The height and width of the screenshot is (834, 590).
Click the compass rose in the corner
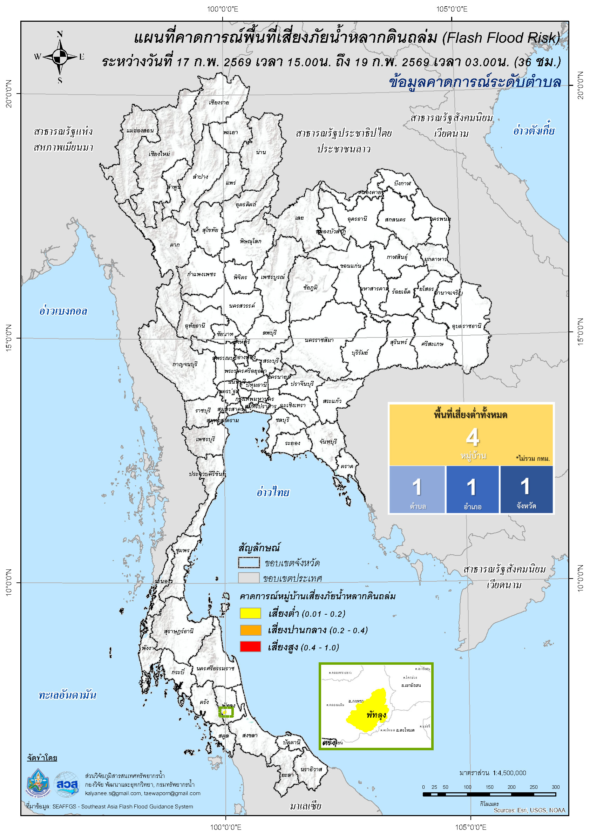(x=60, y=57)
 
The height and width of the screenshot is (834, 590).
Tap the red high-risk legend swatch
(x=250, y=647)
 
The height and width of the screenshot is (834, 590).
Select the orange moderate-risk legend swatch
(x=250, y=630)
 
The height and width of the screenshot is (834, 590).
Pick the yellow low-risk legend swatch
(x=250, y=614)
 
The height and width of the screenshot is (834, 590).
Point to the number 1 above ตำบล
(x=417, y=487)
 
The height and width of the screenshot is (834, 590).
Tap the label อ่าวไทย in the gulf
(x=272, y=493)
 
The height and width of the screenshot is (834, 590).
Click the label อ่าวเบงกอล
(x=63, y=311)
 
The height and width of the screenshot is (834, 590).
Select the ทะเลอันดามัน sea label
(x=67, y=695)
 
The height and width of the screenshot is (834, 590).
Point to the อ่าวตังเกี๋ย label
(x=533, y=130)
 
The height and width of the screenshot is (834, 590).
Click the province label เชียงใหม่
(x=159, y=154)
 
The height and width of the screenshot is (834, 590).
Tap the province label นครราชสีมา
(x=319, y=340)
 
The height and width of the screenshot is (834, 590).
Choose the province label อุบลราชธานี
(x=466, y=326)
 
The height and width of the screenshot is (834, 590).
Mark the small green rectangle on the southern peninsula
(x=226, y=712)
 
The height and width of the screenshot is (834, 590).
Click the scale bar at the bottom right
(x=489, y=795)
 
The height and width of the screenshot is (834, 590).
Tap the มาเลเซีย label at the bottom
(x=305, y=806)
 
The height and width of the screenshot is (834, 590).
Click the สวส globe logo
(x=67, y=785)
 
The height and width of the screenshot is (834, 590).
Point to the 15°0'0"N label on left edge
(x=8, y=338)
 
